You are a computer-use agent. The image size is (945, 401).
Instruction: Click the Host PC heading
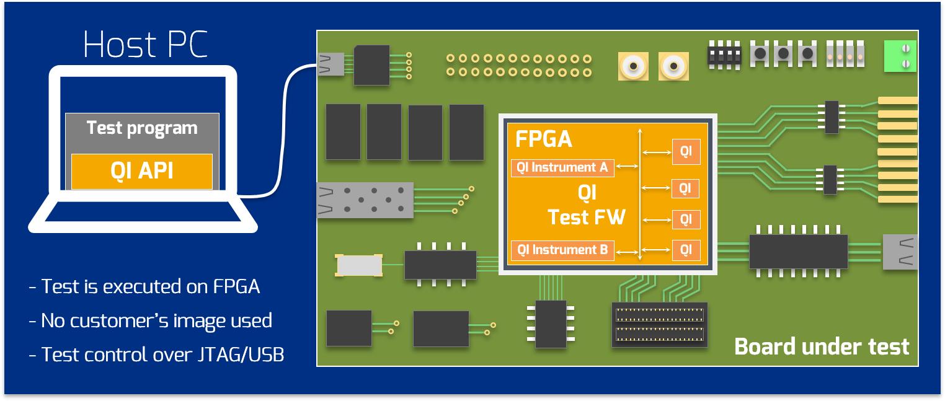[145, 45]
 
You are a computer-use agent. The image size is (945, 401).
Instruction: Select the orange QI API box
[142, 171]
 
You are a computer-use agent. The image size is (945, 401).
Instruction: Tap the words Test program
[142, 128]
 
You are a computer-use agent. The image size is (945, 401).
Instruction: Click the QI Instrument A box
[562, 167]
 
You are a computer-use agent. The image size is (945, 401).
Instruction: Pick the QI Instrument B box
[562, 250]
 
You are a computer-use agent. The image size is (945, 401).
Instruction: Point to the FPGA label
[543, 139]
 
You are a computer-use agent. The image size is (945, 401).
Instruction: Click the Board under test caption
[821, 346]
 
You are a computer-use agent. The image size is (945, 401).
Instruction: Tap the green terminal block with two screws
[900, 56]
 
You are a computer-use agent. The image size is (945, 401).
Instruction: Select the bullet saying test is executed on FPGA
[144, 286]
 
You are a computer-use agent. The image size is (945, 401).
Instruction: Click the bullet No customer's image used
[151, 320]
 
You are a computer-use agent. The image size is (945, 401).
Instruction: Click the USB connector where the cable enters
[331, 63]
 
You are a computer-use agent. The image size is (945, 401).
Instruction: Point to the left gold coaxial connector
[633, 66]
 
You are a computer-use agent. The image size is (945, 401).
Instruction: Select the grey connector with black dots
[365, 200]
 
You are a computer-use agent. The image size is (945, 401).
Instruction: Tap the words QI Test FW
[586, 206]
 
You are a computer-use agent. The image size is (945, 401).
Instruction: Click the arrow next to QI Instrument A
[628, 166]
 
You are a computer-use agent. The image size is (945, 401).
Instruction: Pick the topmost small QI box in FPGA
[686, 151]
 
